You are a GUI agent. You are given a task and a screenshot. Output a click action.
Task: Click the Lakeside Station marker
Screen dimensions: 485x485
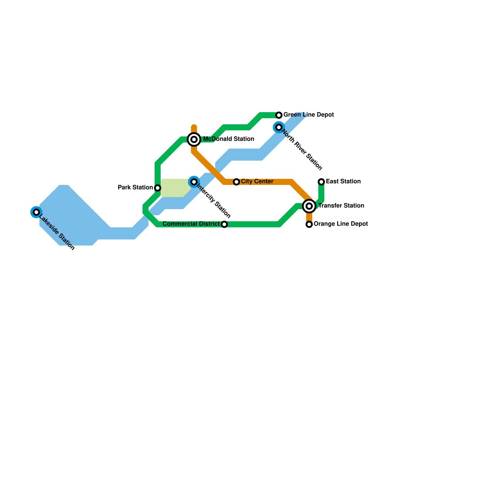(x=36, y=212)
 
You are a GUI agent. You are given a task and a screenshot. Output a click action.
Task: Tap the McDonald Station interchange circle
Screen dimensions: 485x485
(x=194, y=139)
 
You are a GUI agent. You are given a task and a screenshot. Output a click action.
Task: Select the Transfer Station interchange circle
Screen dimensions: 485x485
(x=309, y=206)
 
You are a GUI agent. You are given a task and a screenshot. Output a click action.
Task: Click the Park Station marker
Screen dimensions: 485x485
(x=158, y=188)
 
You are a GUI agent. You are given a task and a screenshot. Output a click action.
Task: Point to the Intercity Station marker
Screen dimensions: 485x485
(x=194, y=182)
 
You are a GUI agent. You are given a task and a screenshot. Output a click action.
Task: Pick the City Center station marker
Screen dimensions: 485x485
(x=236, y=182)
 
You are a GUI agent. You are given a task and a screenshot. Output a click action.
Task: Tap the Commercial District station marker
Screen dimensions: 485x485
(x=224, y=224)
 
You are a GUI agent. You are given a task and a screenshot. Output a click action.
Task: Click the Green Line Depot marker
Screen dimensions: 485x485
(x=279, y=115)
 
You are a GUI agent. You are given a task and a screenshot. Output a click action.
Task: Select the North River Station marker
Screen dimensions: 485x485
(x=279, y=127)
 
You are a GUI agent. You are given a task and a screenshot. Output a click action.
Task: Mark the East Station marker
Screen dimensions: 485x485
(x=321, y=182)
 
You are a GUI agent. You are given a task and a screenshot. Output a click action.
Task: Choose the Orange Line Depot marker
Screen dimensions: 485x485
(x=309, y=224)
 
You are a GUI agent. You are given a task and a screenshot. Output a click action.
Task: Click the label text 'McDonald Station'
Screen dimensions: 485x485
(x=229, y=139)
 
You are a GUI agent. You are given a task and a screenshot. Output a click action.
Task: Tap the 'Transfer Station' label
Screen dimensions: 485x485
(x=341, y=206)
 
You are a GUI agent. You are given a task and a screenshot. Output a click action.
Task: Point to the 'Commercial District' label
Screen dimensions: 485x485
(x=191, y=224)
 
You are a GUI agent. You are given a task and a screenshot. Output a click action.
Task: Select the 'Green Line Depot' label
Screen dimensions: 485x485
(x=309, y=115)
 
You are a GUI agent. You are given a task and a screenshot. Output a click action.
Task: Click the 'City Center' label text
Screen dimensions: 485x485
(x=257, y=182)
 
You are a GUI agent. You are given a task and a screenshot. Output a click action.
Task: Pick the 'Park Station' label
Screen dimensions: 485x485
(x=135, y=188)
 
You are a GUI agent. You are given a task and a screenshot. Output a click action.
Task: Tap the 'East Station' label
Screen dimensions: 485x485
(x=343, y=182)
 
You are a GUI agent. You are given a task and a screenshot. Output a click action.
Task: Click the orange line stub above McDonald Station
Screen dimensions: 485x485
(x=194, y=129)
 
